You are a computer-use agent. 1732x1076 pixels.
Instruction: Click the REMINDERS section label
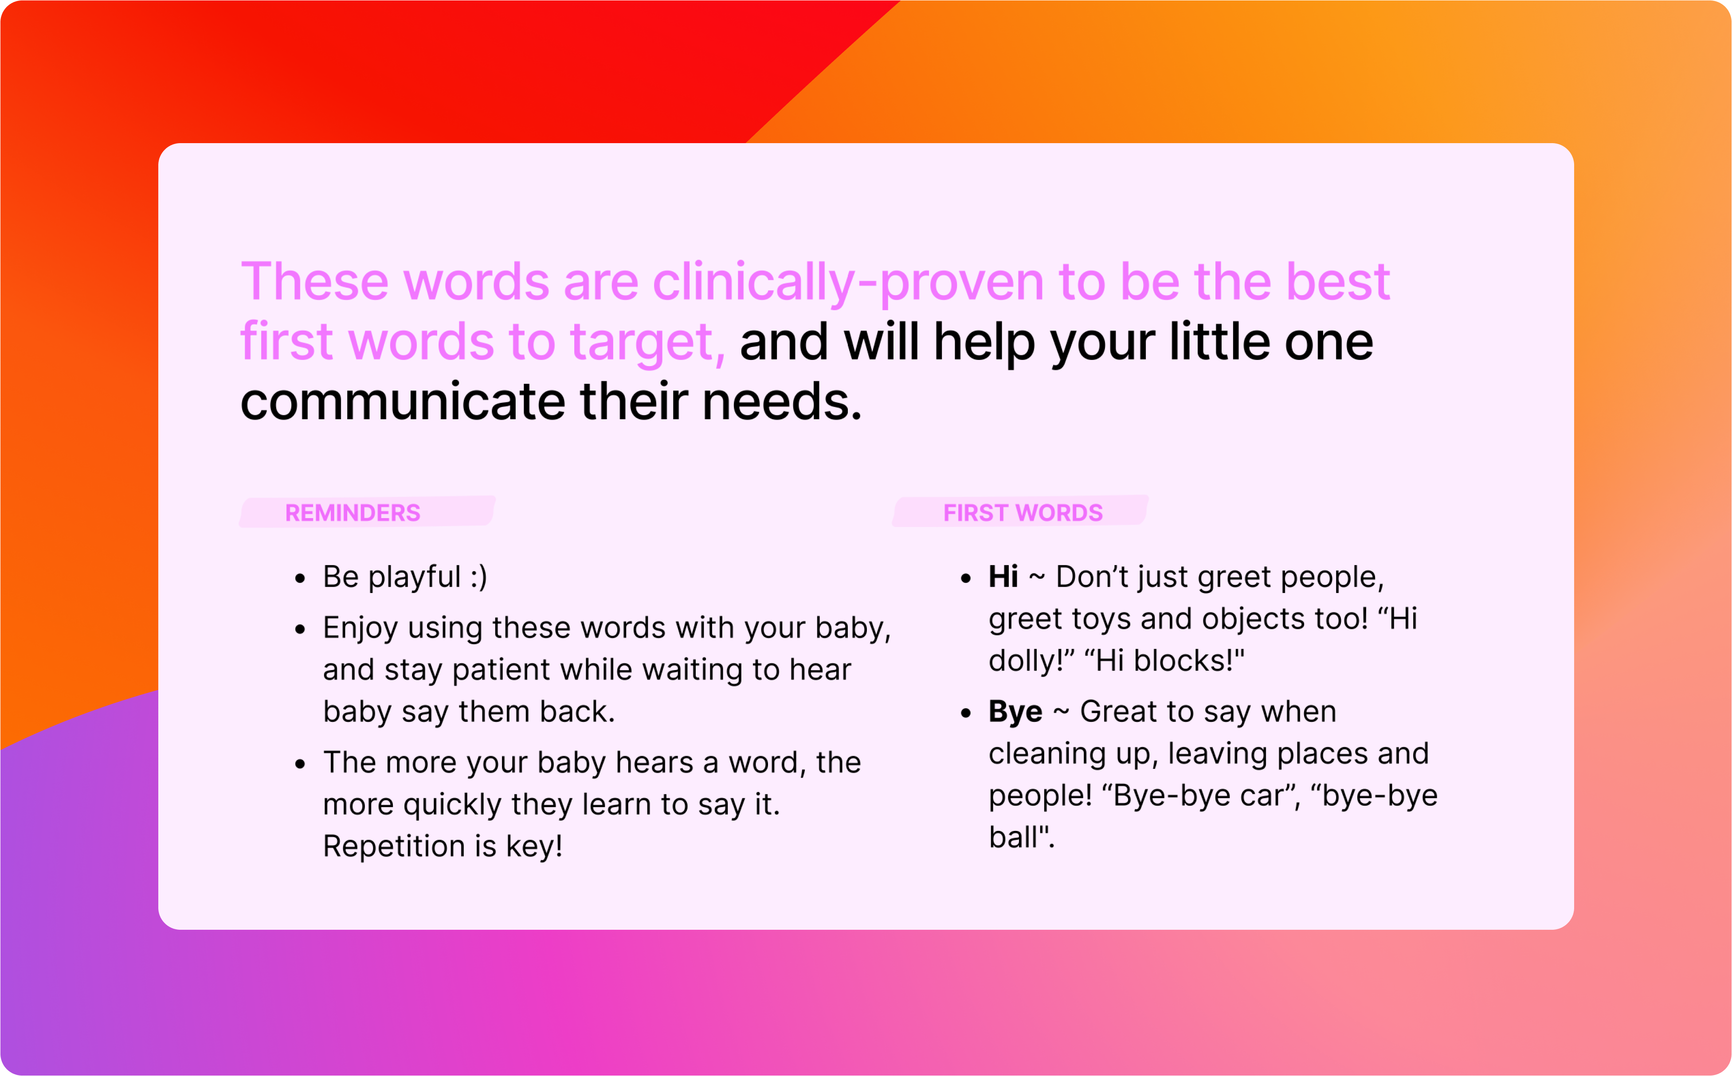point(353,513)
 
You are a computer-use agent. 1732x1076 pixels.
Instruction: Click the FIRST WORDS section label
point(1023,513)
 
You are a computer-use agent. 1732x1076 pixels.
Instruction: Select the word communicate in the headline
point(402,402)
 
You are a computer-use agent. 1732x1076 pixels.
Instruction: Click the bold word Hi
point(1003,577)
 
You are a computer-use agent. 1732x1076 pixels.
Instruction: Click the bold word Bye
point(1015,712)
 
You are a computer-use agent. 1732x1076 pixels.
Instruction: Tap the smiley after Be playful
point(479,577)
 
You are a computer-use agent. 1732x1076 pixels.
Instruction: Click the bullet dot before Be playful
point(300,579)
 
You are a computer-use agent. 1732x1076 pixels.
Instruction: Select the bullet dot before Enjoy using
point(300,630)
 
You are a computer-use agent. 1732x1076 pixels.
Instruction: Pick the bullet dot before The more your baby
point(300,765)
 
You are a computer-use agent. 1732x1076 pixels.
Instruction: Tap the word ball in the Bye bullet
point(1013,838)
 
